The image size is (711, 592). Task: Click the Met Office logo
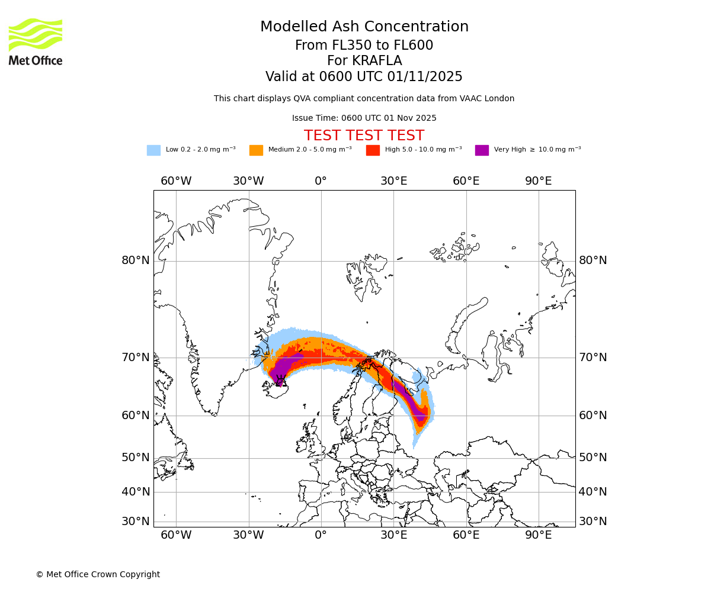click(x=36, y=41)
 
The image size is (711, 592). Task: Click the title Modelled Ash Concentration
click(x=364, y=27)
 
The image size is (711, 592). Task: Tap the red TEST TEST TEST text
click(x=364, y=136)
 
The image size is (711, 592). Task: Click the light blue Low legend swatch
click(x=153, y=150)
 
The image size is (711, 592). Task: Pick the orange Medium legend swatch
click(x=256, y=150)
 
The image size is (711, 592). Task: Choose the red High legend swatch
click(x=373, y=150)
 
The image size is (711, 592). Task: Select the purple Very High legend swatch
click(x=482, y=150)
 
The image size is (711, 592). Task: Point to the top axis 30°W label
click(x=248, y=181)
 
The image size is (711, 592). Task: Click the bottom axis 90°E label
click(x=539, y=535)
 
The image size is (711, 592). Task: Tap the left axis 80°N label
click(x=136, y=260)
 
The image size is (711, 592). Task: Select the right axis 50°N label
click(x=593, y=458)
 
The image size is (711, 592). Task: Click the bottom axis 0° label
click(x=321, y=535)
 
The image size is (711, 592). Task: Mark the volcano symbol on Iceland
click(x=281, y=381)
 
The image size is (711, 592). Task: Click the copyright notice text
click(x=98, y=574)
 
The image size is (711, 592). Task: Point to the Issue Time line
click(x=364, y=118)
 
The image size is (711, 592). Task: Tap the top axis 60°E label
click(x=466, y=181)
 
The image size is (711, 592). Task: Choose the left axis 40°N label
click(x=136, y=491)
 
